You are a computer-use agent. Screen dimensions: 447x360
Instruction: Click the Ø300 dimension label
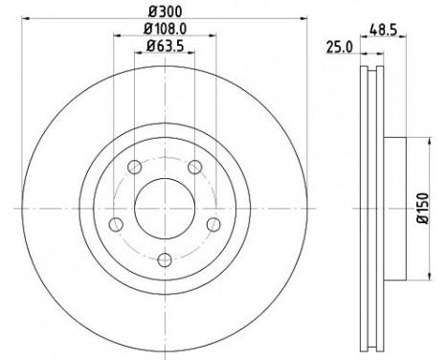(x=166, y=12)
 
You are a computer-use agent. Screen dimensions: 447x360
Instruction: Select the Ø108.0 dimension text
(x=165, y=30)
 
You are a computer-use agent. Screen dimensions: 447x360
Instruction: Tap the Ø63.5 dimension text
(x=166, y=47)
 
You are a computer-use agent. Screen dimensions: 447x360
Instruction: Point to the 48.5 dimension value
(x=383, y=31)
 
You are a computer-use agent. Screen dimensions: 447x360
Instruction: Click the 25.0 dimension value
(x=339, y=48)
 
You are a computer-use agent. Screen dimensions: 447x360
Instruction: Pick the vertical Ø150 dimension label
(x=423, y=208)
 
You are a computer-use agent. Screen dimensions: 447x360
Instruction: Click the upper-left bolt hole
(x=134, y=167)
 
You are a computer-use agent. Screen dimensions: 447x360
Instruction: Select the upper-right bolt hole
(x=195, y=167)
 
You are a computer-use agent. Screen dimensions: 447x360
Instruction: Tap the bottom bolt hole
(x=165, y=259)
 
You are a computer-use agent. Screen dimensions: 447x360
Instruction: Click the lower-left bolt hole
(x=116, y=224)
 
